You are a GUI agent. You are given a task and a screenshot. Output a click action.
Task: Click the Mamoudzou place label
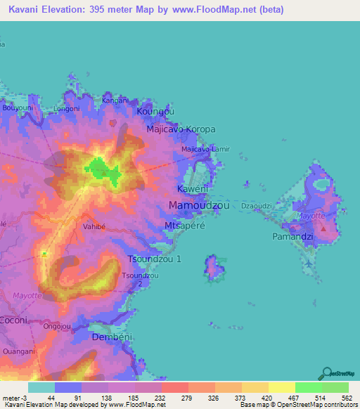tap(200, 205)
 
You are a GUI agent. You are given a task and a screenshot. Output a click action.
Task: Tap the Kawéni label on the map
tap(191, 190)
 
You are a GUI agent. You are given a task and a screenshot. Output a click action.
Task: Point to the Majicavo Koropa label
tap(181, 130)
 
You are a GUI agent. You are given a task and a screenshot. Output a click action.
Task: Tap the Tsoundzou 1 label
tap(158, 259)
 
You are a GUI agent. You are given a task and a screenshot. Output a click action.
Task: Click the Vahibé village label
tap(95, 227)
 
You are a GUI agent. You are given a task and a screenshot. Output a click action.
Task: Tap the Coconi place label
tap(13, 320)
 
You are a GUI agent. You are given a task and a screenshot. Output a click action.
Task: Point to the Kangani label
tap(115, 100)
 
